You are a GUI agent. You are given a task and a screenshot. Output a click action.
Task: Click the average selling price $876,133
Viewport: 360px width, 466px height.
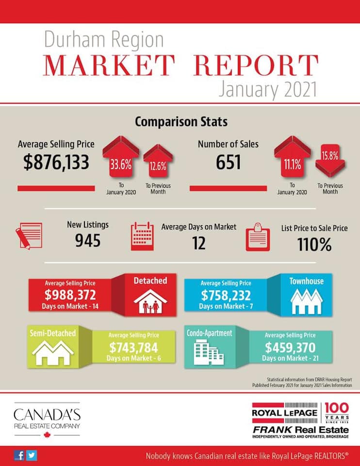click(x=56, y=163)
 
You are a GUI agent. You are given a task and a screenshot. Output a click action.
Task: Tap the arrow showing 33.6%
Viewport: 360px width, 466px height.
click(x=121, y=156)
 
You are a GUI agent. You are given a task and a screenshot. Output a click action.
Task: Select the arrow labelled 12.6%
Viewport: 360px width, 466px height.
click(x=158, y=161)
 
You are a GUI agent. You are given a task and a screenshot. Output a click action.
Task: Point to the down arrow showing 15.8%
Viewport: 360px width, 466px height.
click(x=330, y=161)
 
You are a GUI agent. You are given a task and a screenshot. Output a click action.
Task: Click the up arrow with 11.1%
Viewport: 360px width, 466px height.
click(x=293, y=156)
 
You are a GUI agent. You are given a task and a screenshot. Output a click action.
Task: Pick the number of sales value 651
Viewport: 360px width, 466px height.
click(x=228, y=162)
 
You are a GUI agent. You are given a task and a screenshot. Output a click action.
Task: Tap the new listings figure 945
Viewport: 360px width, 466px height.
click(x=88, y=240)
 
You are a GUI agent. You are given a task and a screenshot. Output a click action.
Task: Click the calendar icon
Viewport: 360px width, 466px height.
click(x=142, y=236)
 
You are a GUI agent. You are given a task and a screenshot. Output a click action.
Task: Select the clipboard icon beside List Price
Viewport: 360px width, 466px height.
click(x=258, y=237)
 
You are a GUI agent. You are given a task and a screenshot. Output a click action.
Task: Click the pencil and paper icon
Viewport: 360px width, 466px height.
click(x=29, y=236)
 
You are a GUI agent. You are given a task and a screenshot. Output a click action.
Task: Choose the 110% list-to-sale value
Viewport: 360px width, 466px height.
click(x=314, y=245)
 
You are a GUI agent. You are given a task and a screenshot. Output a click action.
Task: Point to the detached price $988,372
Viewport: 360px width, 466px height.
click(x=70, y=295)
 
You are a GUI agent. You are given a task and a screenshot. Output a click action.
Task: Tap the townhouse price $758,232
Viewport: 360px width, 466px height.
click(x=226, y=295)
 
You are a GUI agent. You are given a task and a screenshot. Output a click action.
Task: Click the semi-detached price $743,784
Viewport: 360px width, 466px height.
click(x=133, y=348)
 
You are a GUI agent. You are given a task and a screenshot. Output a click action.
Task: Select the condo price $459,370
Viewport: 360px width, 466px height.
click(x=290, y=348)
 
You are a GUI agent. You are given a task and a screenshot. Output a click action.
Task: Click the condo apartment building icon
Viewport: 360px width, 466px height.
click(x=209, y=352)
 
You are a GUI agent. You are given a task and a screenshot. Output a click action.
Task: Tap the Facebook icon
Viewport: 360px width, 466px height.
click(x=19, y=455)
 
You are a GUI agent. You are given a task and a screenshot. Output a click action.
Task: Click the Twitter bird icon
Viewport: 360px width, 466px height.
click(x=32, y=455)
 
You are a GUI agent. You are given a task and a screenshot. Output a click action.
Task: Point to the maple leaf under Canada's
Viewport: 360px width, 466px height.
click(x=47, y=435)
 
